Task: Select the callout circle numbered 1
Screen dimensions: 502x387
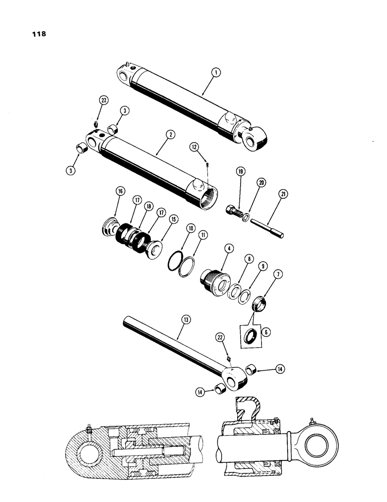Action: pyautogui.click(x=215, y=73)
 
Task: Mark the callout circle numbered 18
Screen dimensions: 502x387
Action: pyautogui.click(x=135, y=206)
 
